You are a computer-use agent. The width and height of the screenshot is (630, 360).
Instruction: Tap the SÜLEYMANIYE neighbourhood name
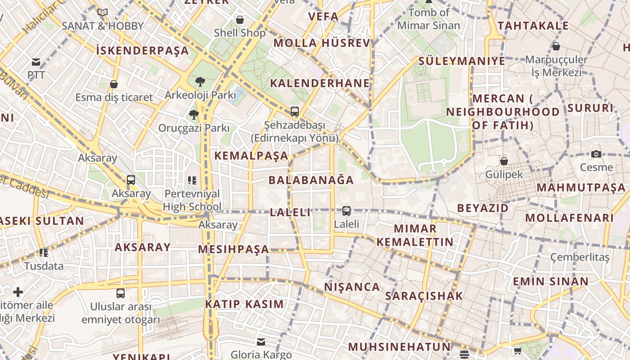click(x=462, y=61)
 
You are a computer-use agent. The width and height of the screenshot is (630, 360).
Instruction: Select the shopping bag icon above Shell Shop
click(x=240, y=20)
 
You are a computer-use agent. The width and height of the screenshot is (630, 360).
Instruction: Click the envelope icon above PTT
click(x=36, y=62)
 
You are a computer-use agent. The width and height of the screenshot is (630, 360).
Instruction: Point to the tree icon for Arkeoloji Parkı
click(x=200, y=82)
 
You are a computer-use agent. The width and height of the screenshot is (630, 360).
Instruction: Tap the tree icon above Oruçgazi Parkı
click(x=194, y=115)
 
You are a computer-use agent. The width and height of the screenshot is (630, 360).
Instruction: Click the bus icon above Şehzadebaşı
click(x=295, y=111)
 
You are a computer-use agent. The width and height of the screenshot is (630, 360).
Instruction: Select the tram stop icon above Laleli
click(x=346, y=211)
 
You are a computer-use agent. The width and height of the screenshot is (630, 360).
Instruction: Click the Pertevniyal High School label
click(x=192, y=200)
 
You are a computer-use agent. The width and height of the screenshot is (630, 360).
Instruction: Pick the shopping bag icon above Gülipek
click(x=504, y=161)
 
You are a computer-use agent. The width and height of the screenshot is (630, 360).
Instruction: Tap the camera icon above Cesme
click(x=596, y=154)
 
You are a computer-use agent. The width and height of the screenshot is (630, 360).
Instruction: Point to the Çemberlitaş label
click(x=580, y=257)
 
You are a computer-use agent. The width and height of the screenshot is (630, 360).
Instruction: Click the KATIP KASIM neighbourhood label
click(x=244, y=304)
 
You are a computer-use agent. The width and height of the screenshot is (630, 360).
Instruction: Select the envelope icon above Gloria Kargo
click(x=261, y=342)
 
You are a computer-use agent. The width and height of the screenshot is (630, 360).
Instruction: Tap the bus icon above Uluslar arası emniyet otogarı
click(x=121, y=293)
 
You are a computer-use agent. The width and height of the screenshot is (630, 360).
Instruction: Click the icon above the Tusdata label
click(x=44, y=253)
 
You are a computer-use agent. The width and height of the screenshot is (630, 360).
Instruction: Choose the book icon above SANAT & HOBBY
click(x=103, y=13)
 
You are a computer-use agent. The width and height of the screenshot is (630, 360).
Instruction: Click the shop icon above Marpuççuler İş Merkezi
click(x=556, y=46)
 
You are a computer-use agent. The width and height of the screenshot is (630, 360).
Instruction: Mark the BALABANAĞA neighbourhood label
click(x=311, y=180)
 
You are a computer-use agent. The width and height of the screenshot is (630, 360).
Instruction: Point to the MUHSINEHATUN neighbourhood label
click(x=399, y=347)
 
